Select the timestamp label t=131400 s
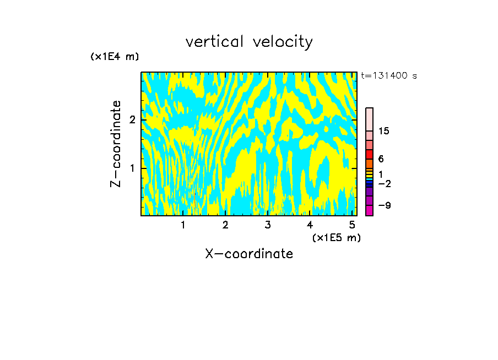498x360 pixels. tap(389, 76)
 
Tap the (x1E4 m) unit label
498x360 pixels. tap(115, 57)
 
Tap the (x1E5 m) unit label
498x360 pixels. tap(336, 237)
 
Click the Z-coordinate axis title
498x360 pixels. tap(116, 144)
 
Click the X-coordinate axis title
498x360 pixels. tap(249, 254)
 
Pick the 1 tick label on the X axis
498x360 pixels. tap(183, 225)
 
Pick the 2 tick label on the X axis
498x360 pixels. tap(225, 225)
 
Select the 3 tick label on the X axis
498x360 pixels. tap(267, 225)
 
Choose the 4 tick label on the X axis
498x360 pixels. tap(310, 225)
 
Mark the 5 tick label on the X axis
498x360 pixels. tap(351, 225)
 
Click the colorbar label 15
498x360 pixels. tap(384, 131)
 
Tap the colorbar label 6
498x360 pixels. tap(381, 159)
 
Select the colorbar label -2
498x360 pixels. tap(385, 183)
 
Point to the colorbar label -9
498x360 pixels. tap(385, 205)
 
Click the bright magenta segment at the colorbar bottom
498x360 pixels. tap(369, 210)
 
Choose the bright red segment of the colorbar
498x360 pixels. tap(369, 155)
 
